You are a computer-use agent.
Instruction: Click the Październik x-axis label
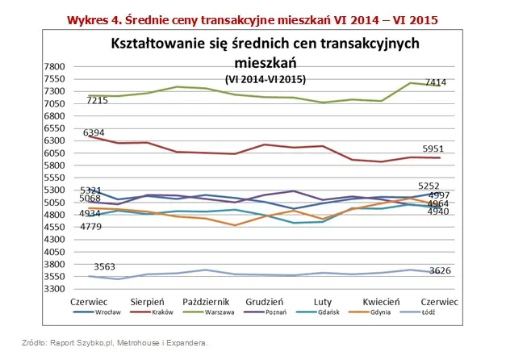pyautogui.click(x=209, y=301)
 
